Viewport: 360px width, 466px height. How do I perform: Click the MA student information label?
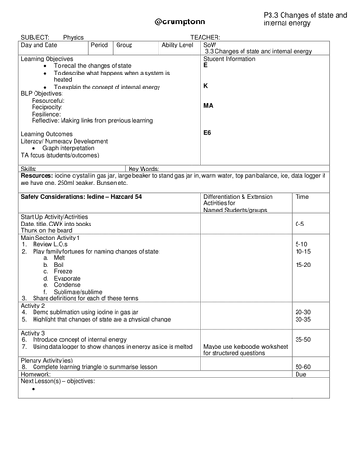pos(208,106)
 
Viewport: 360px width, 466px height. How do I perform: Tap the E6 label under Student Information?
pos(208,133)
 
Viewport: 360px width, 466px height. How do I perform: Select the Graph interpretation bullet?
pos(76,147)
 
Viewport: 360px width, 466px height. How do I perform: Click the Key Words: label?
pos(145,168)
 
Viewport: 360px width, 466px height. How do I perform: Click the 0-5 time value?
pos(299,225)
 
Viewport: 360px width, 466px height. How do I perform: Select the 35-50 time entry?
pos(301,340)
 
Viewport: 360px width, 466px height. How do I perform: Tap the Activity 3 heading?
pos(34,331)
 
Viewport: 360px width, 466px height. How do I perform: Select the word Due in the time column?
pos(299,374)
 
